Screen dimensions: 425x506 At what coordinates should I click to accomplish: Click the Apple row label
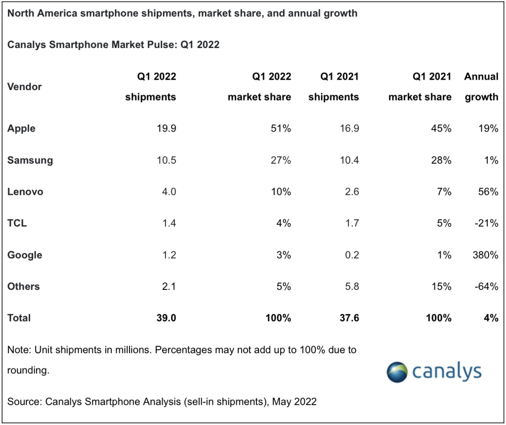pos(21,129)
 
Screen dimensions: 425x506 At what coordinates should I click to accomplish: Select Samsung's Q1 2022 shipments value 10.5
pos(166,160)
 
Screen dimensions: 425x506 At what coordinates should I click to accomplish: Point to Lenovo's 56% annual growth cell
pos(487,192)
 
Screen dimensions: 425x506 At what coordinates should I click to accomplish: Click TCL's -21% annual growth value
pos(486,223)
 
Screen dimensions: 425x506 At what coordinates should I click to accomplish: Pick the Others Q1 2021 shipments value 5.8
pos(349,286)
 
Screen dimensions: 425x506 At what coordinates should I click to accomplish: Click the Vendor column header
pos(24,87)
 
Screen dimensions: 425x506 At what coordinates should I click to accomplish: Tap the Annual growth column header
pos(481,87)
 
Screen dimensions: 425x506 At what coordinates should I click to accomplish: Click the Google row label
pos(25,255)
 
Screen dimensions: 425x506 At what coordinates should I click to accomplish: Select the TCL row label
pos(17,223)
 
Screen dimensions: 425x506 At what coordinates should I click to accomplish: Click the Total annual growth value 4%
pos(491,318)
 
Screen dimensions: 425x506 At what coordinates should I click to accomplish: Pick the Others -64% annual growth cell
pos(486,286)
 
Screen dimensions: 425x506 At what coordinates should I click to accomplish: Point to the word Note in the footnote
pos(17,350)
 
